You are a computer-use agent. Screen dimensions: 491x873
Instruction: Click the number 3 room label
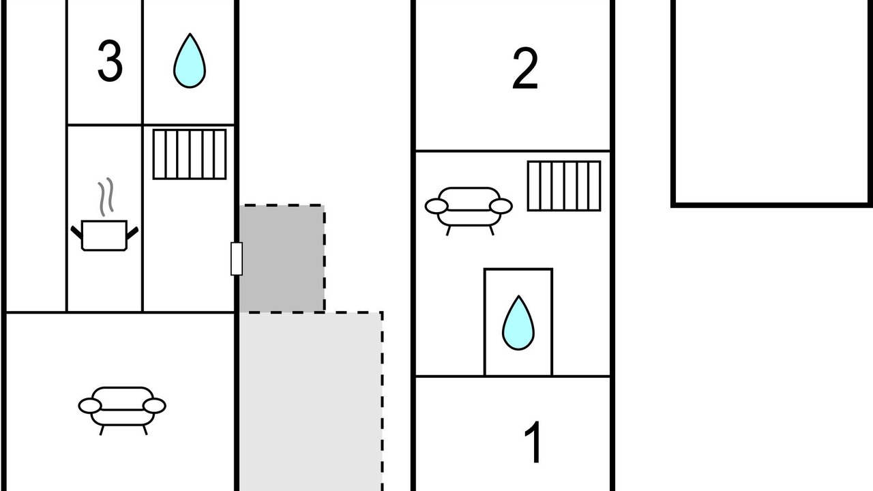[x=110, y=62]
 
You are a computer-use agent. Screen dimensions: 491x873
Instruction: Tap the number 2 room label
[x=524, y=69]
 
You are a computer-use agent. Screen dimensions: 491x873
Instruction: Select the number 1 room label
[x=533, y=443]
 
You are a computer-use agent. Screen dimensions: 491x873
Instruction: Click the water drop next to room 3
[x=189, y=61]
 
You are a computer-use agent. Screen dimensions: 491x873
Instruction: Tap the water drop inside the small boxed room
[x=518, y=323]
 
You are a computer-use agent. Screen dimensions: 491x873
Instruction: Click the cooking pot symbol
[x=104, y=235]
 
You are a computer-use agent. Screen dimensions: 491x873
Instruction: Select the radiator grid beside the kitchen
[x=189, y=155]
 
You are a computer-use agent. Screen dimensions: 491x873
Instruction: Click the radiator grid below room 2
[x=564, y=185]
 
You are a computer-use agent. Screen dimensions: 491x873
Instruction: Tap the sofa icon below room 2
[x=469, y=207]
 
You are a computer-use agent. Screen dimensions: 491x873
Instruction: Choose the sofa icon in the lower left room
[x=122, y=406]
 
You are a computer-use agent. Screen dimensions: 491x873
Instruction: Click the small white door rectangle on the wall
[x=237, y=258]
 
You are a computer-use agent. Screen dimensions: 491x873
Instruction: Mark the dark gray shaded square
[x=282, y=258]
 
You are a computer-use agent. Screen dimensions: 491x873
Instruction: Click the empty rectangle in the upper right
[x=772, y=102]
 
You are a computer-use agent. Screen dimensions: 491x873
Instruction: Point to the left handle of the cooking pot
[x=76, y=232]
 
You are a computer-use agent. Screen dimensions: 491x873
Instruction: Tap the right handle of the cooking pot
[x=132, y=232]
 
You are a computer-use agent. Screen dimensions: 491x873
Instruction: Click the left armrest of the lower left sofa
[x=89, y=406]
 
